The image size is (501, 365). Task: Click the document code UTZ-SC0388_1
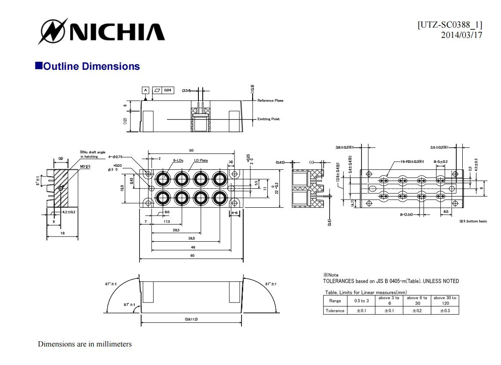(450, 25)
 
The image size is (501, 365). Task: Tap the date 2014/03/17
(461, 35)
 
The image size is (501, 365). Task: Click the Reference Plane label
(270, 100)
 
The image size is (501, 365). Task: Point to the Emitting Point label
(269, 119)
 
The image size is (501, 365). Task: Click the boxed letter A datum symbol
(145, 90)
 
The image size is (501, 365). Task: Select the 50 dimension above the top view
(191, 150)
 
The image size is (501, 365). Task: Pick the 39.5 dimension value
(192, 238)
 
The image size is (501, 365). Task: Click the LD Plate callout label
(201, 160)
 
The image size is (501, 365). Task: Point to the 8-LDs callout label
(178, 160)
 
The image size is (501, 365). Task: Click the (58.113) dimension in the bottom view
(192, 319)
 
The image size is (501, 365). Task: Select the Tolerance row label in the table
(335, 311)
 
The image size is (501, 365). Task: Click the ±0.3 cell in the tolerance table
(445, 311)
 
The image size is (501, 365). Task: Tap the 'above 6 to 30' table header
(417, 300)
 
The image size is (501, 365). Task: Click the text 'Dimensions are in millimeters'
(85, 344)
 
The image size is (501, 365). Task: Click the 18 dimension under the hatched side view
(62, 233)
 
